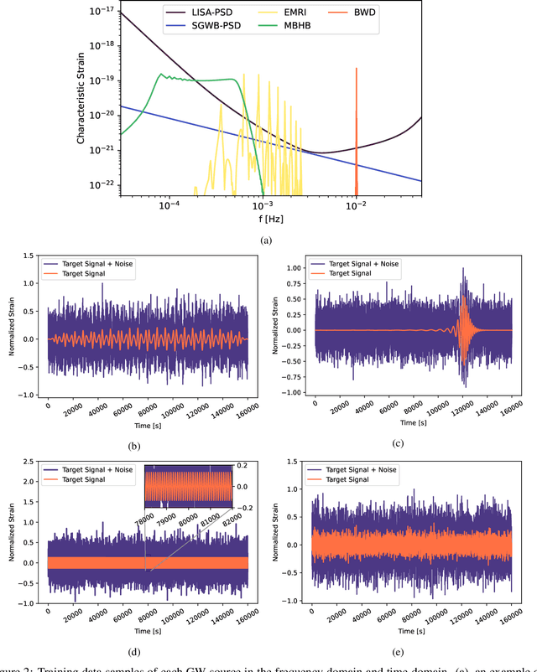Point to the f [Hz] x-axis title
click(x=271, y=216)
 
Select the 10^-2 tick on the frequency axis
click(x=356, y=204)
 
